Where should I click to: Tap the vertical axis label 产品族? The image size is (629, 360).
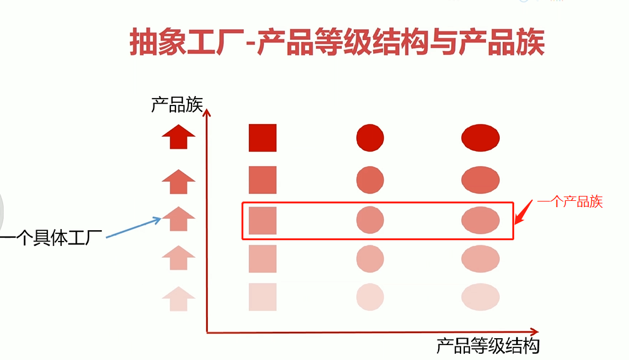tap(177, 104)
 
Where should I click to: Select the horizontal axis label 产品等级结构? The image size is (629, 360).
tap(487, 345)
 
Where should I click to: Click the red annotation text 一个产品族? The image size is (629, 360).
tap(570, 202)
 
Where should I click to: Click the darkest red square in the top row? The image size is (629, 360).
tap(262, 138)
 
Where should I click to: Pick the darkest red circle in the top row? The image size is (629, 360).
tap(370, 138)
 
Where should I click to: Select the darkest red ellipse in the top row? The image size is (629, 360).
tap(480, 138)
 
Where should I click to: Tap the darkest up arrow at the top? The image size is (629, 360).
tap(178, 136)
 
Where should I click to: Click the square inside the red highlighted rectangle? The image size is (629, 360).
tap(262, 220)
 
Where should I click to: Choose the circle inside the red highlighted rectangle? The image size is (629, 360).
tap(370, 220)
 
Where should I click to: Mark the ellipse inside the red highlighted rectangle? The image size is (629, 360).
tap(480, 220)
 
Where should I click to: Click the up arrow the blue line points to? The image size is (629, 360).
tap(178, 219)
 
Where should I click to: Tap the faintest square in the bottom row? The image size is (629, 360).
tap(262, 296)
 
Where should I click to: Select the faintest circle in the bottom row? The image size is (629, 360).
tap(370, 296)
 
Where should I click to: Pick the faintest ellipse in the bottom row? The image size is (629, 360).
tap(480, 296)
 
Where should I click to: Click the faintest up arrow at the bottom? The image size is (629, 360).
tap(178, 298)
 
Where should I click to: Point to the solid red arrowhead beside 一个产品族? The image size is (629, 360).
tap(523, 212)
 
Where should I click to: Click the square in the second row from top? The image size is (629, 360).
tap(262, 180)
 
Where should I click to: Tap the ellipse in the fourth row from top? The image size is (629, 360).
tap(480, 258)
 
